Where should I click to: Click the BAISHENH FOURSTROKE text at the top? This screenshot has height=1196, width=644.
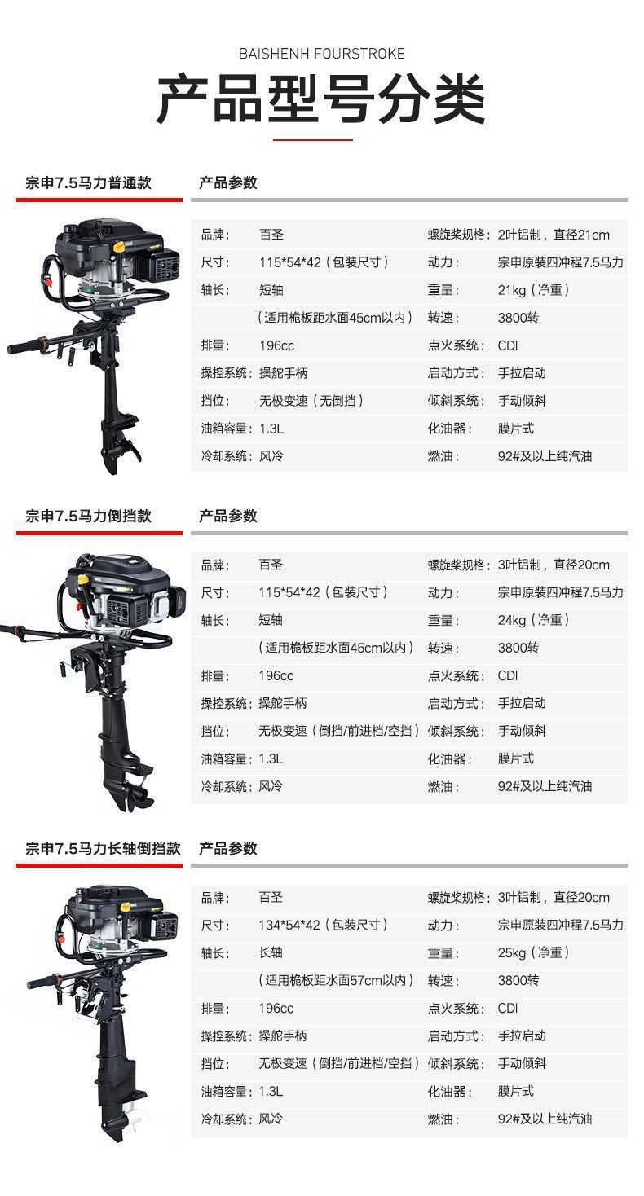click(322, 54)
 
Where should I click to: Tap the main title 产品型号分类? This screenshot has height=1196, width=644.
click(321, 99)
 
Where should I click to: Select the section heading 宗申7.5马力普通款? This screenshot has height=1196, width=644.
click(88, 183)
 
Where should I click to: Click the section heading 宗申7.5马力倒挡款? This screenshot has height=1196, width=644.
click(88, 516)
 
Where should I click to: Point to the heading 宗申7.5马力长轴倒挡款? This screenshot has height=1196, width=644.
click(104, 848)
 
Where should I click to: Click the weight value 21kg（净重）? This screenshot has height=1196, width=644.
click(533, 290)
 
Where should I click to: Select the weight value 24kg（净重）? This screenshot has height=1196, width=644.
click(533, 620)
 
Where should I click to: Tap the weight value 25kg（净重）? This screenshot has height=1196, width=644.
click(533, 952)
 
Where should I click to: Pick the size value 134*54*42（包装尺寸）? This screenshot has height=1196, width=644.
click(323, 925)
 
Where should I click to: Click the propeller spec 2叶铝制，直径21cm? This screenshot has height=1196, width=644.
click(554, 235)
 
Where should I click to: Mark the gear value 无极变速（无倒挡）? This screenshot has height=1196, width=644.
click(311, 401)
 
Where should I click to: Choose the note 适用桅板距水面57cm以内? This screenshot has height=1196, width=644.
click(336, 980)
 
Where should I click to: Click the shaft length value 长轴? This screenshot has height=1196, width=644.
click(271, 952)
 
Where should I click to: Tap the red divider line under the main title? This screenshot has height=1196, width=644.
click(313, 140)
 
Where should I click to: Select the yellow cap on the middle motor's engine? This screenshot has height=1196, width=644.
click(82, 578)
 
